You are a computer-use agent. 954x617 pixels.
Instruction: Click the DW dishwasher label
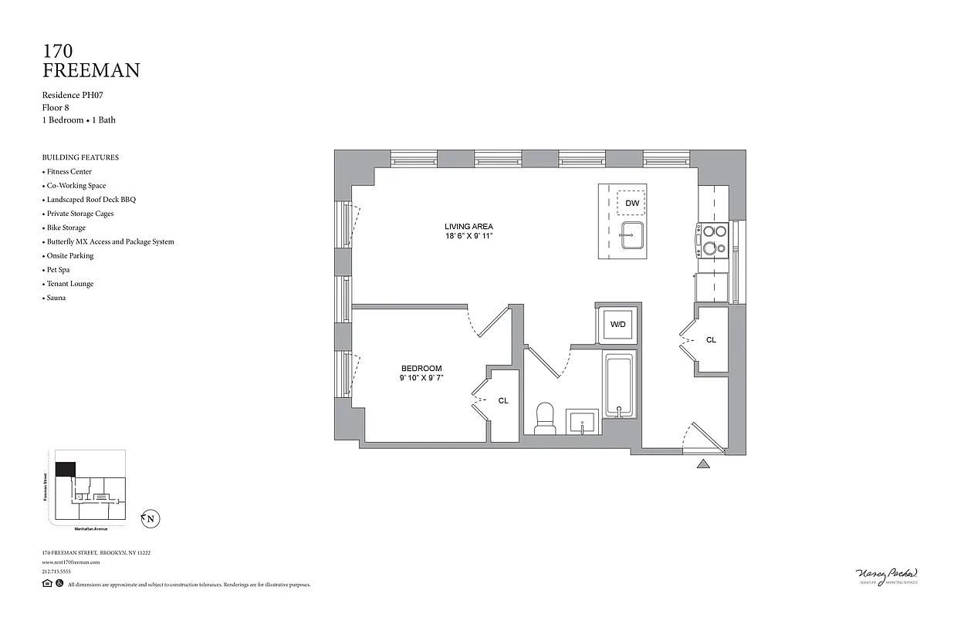point(632,203)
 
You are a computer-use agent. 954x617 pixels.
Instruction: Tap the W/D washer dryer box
point(618,325)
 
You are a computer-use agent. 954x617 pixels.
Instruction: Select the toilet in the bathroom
point(545,417)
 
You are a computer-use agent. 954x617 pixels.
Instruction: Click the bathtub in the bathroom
point(619,386)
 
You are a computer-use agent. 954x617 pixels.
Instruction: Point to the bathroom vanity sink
point(581,423)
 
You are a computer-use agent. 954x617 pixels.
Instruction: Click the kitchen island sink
point(632,235)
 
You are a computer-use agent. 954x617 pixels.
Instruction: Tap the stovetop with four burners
point(712,239)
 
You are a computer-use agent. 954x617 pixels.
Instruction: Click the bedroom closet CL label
point(503,400)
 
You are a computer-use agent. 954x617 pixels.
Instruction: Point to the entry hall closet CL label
point(711,339)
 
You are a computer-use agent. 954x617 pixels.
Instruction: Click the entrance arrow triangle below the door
point(703,464)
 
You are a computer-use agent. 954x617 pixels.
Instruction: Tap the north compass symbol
point(150,519)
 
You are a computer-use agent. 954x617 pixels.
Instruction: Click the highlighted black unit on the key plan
point(66,469)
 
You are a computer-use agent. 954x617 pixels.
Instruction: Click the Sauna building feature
point(56,298)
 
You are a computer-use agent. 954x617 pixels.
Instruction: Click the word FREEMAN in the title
point(91,71)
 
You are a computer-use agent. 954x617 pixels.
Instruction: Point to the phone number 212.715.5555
point(56,571)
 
